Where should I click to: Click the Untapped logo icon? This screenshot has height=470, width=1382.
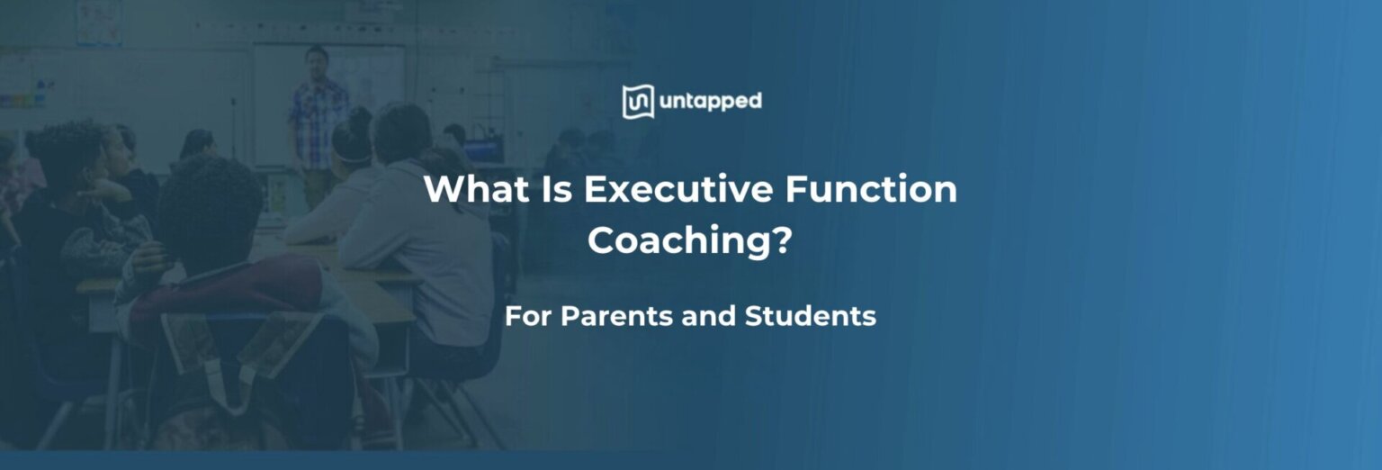pos(637,102)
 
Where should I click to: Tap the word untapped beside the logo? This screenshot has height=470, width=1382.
pos(710,102)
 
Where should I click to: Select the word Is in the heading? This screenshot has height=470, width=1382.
pos(557,190)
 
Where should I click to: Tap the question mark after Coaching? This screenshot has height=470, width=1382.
pos(782,240)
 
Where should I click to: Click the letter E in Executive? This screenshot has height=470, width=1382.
pos(596,190)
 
